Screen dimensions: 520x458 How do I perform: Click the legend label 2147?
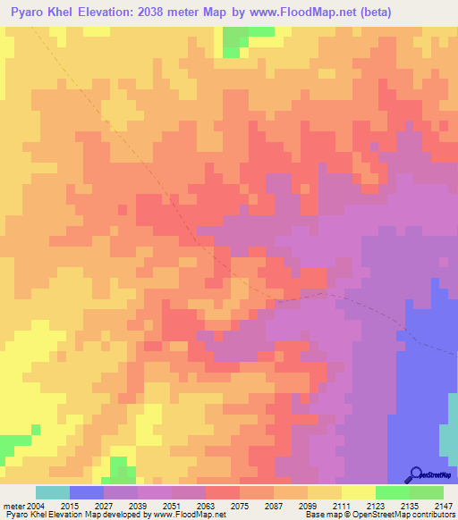(x=443, y=506)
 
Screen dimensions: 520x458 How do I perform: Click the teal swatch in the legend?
(x=52, y=492)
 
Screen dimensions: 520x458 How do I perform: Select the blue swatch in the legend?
(x=86, y=492)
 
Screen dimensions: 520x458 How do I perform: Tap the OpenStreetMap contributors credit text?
(x=403, y=515)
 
